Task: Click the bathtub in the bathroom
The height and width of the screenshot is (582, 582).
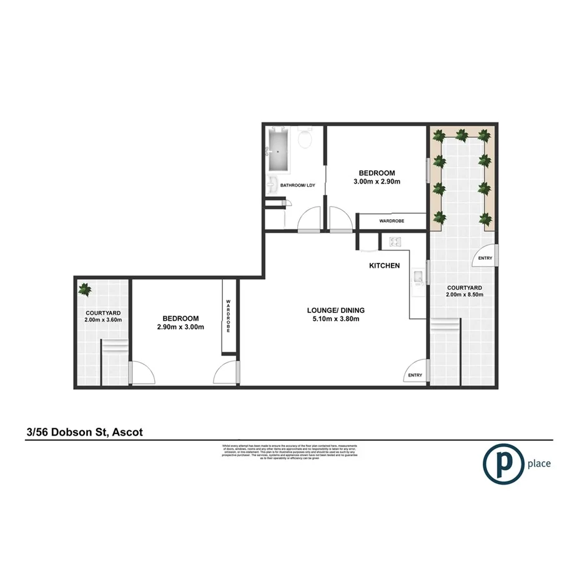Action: [279, 150]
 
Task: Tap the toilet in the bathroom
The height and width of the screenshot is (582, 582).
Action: [305, 139]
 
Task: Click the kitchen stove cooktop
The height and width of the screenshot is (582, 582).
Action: [395, 242]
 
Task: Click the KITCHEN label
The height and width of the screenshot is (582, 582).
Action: [384, 265]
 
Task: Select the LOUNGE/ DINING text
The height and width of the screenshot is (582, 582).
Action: [335, 310]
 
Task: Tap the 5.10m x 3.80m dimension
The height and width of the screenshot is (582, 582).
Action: [335, 319]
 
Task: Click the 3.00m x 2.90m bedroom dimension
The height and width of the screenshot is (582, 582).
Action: [377, 182]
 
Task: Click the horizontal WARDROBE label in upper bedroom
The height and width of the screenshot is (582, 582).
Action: [395, 220]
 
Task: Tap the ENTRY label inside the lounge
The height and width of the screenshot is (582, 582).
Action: [415, 375]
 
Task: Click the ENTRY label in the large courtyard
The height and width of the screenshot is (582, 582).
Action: [484, 258]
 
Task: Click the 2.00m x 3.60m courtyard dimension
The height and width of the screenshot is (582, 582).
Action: [102, 320]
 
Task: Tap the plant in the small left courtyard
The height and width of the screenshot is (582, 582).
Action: [85, 289]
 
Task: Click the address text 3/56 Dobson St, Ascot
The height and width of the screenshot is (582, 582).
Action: [84, 432]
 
